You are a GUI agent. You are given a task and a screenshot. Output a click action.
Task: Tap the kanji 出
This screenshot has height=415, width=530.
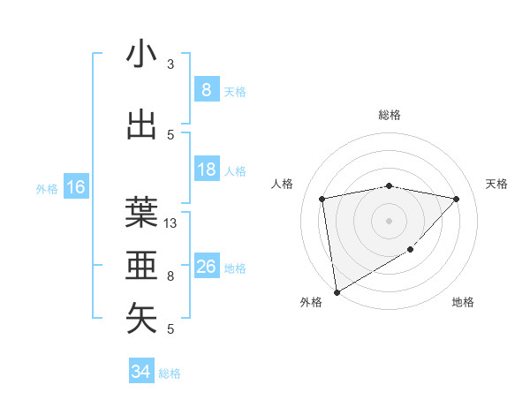coord(141,124)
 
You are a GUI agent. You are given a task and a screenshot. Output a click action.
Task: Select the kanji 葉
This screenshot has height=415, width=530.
coord(141,212)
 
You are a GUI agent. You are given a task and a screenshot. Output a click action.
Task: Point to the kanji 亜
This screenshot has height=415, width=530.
coord(141,264)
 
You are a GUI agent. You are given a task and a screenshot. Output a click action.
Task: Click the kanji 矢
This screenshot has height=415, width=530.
coord(141,318)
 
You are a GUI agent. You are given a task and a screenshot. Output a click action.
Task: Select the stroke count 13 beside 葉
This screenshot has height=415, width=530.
coord(170,223)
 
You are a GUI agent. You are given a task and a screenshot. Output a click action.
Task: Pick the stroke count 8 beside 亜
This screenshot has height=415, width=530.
coord(170,276)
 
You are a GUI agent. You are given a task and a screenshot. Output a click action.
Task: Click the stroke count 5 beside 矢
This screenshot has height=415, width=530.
coord(170,329)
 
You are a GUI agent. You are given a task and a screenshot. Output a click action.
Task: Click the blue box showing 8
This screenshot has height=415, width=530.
coord(206,89)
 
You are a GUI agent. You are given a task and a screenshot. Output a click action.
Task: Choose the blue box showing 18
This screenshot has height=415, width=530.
coord(206,170)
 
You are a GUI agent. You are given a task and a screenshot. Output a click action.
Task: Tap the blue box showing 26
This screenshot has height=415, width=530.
coord(206,267)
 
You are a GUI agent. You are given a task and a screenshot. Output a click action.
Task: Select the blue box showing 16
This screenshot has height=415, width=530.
coord(75,187)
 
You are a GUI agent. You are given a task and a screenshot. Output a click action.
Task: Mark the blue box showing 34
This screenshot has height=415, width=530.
coord(140,372)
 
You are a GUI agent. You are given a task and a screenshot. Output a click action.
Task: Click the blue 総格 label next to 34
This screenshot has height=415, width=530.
coord(170,373)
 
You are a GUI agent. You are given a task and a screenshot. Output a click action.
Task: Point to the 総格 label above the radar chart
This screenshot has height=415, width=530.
coord(389,115)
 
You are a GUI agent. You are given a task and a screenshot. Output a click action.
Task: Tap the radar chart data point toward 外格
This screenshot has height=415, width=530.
coord(336,291)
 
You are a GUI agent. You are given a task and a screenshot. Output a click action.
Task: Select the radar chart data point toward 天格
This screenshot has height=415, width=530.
coord(456,199)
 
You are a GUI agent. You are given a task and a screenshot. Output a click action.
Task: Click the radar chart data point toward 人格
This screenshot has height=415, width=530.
coord(322,199)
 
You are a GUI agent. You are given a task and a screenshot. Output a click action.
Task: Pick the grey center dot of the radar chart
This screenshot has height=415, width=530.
coord(389,221)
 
